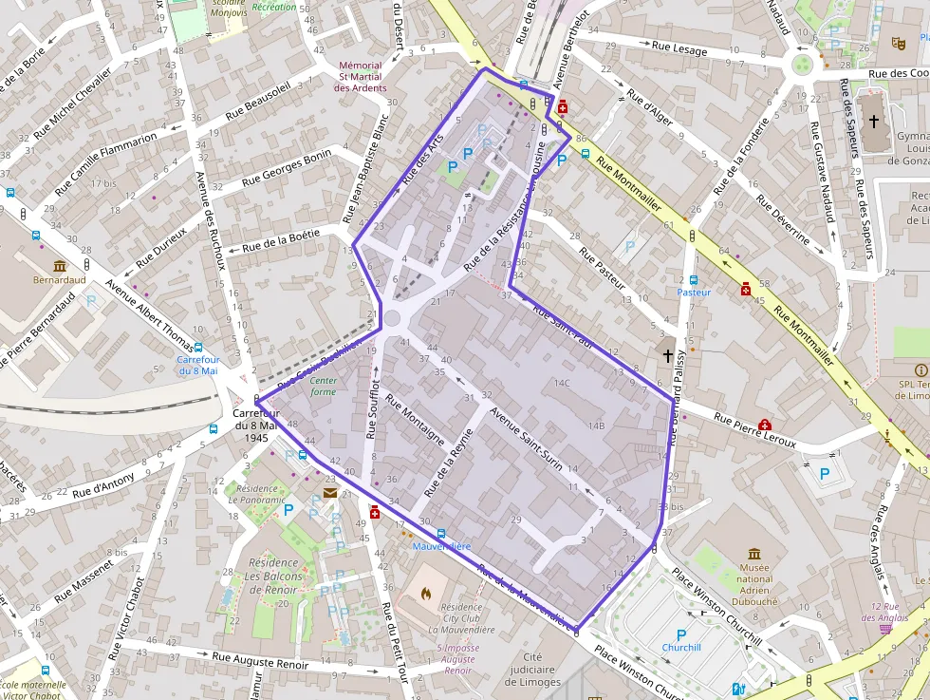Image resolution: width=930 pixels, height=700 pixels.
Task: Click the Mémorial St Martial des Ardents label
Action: click(360, 77)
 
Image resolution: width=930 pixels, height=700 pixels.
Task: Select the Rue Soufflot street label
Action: click(373, 409)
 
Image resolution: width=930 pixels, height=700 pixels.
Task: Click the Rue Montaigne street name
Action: click(417, 426)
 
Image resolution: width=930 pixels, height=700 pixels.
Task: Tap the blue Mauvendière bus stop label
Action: click(441, 546)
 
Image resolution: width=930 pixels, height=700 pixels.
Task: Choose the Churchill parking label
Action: click(680, 648)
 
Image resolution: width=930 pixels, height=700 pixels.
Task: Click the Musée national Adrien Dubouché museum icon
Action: click(753, 554)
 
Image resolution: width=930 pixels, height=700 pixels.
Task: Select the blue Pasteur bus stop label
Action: click(694, 293)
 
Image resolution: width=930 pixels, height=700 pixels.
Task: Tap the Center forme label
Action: click(323, 386)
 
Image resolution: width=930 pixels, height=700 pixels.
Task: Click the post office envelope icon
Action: click(329, 492)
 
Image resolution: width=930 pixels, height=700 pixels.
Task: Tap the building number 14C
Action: click(562, 383)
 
